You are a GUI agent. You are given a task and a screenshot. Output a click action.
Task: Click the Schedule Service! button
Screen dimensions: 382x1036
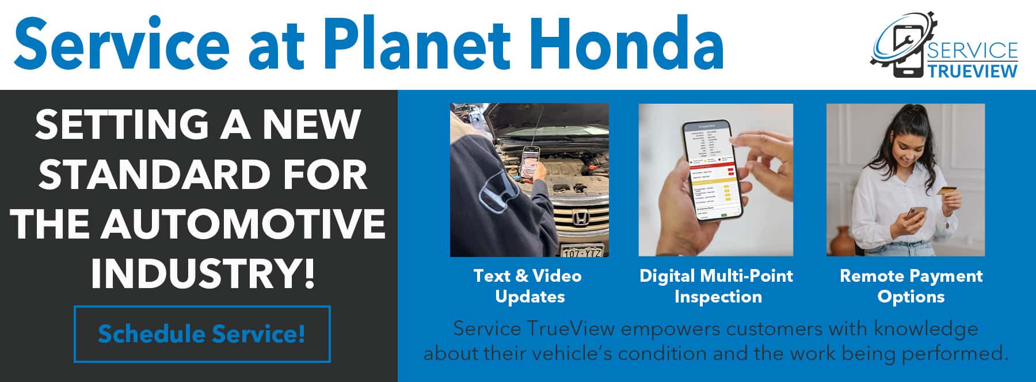[x=202, y=334]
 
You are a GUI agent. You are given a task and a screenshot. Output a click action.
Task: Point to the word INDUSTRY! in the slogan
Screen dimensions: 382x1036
[x=203, y=273]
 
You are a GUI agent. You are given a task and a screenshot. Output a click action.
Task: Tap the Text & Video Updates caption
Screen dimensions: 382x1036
[x=528, y=286]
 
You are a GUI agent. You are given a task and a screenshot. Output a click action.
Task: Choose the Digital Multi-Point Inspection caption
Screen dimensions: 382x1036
[x=717, y=286]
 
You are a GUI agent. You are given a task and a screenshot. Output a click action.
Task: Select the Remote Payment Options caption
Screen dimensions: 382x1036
[x=911, y=286]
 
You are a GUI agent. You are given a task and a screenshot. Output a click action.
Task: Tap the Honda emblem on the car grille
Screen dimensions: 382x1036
[x=580, y=219]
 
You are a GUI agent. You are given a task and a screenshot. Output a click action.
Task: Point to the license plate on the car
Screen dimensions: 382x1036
[x=582, y=251]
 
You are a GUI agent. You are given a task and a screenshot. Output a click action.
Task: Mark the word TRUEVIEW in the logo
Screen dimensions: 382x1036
[x=972, y=70]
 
